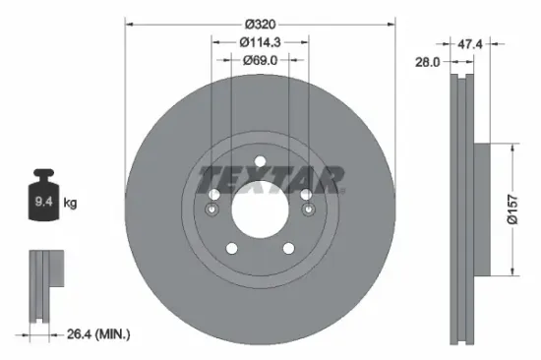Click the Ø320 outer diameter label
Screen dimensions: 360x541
[x=260, y=23]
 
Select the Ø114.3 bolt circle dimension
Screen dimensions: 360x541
[x=260, y=41]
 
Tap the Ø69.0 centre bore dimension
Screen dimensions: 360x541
[x=260, y=60]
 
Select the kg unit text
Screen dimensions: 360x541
[x=70, y=203]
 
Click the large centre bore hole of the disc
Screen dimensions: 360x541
[x=259, y=210]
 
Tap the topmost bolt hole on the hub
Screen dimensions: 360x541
[x=259, y=162]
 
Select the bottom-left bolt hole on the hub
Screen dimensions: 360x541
[x=231, y=248]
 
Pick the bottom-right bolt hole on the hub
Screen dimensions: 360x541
[x=287, y=248]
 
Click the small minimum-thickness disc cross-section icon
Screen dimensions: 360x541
[x=45, y=284]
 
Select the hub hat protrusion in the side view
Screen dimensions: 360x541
[x=481, y=209]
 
